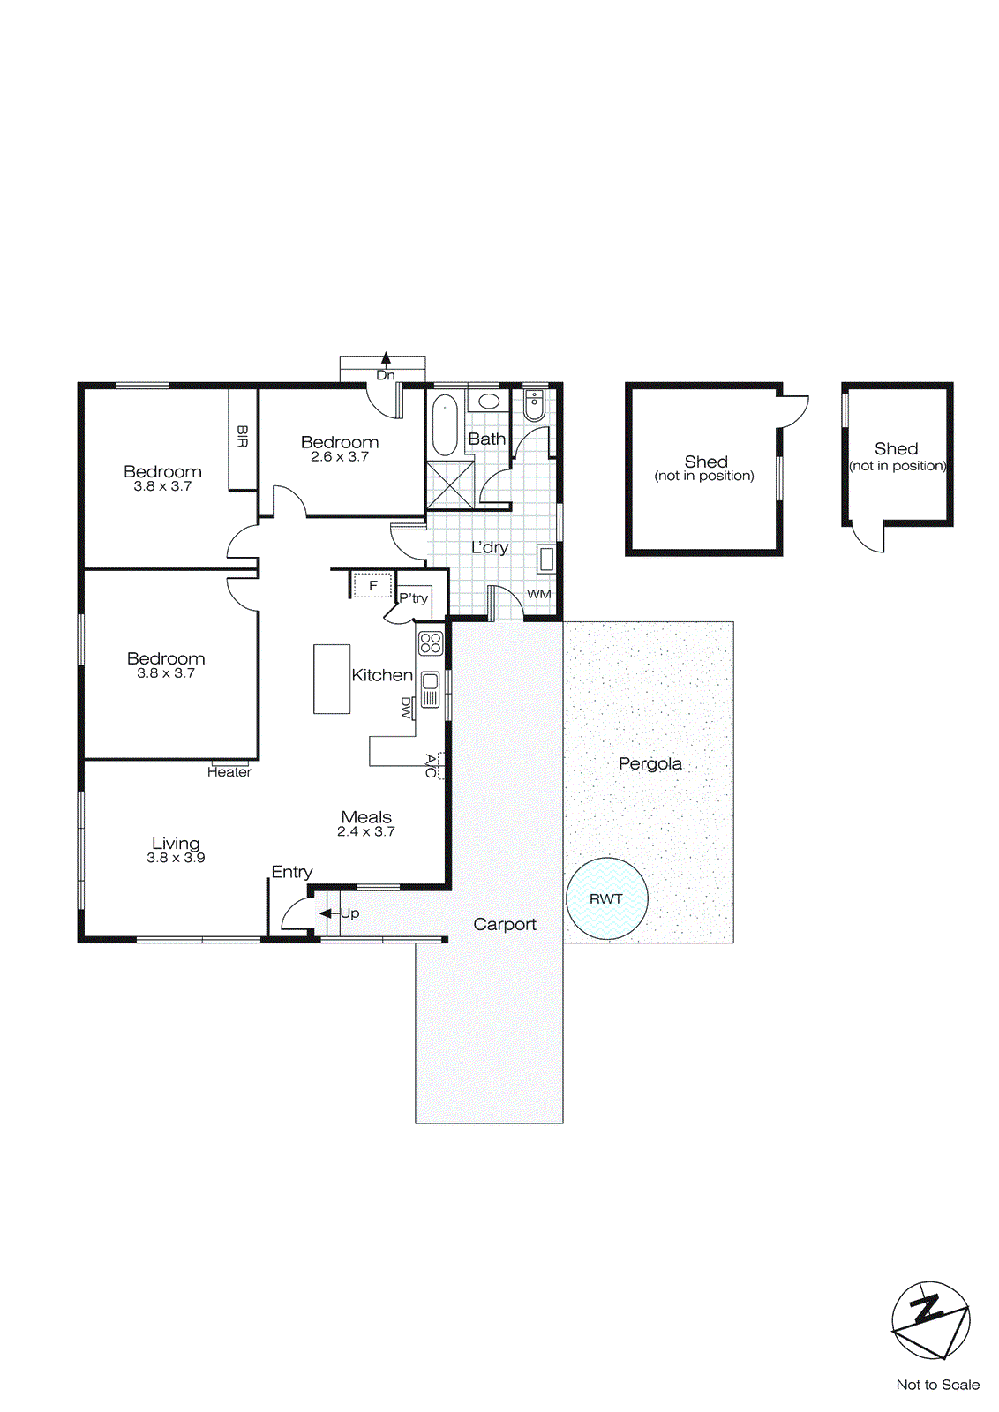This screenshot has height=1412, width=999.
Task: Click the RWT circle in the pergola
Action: pyautogui.click(x=606, y=898)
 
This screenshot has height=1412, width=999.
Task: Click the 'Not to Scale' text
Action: pyautogui.click(x=937, y=1385)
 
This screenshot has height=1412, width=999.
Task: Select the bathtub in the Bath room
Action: pyautogui.click(x=444, y=425)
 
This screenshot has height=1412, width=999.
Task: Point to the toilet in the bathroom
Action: pyautogui.click(x=534, y=406)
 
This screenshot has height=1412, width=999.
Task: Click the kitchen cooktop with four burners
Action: pyautogui.click(x=431, y=642)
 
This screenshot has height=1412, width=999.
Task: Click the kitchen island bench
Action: pyautogui.click(x=332, y=679)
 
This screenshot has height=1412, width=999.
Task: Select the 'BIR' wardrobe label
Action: pyautogui.click(x=243, y=437)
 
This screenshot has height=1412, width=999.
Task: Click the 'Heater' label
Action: pyautogui.click(x=229, y=772)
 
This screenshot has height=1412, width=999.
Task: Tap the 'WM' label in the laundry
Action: pyautogui.click(x=538, y=594)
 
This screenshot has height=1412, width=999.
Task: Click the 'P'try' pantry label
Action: pyautogui.click(x=413, y=597)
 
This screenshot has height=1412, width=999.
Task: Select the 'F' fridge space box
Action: pyautogui.click(x=372, y=585)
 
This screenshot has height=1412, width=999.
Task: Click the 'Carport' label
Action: pyautogui.click(x=505, y=924)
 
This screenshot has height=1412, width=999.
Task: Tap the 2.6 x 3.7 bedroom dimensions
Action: pyautogui.click(x=340, y=457)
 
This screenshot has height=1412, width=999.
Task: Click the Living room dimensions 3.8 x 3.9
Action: pyautogui.click(x=176, y=858)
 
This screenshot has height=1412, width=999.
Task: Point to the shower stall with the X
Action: pyautogui.click(x=450, y=484)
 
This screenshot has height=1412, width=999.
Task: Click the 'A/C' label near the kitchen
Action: pyautogui.click(x=431, y=766)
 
